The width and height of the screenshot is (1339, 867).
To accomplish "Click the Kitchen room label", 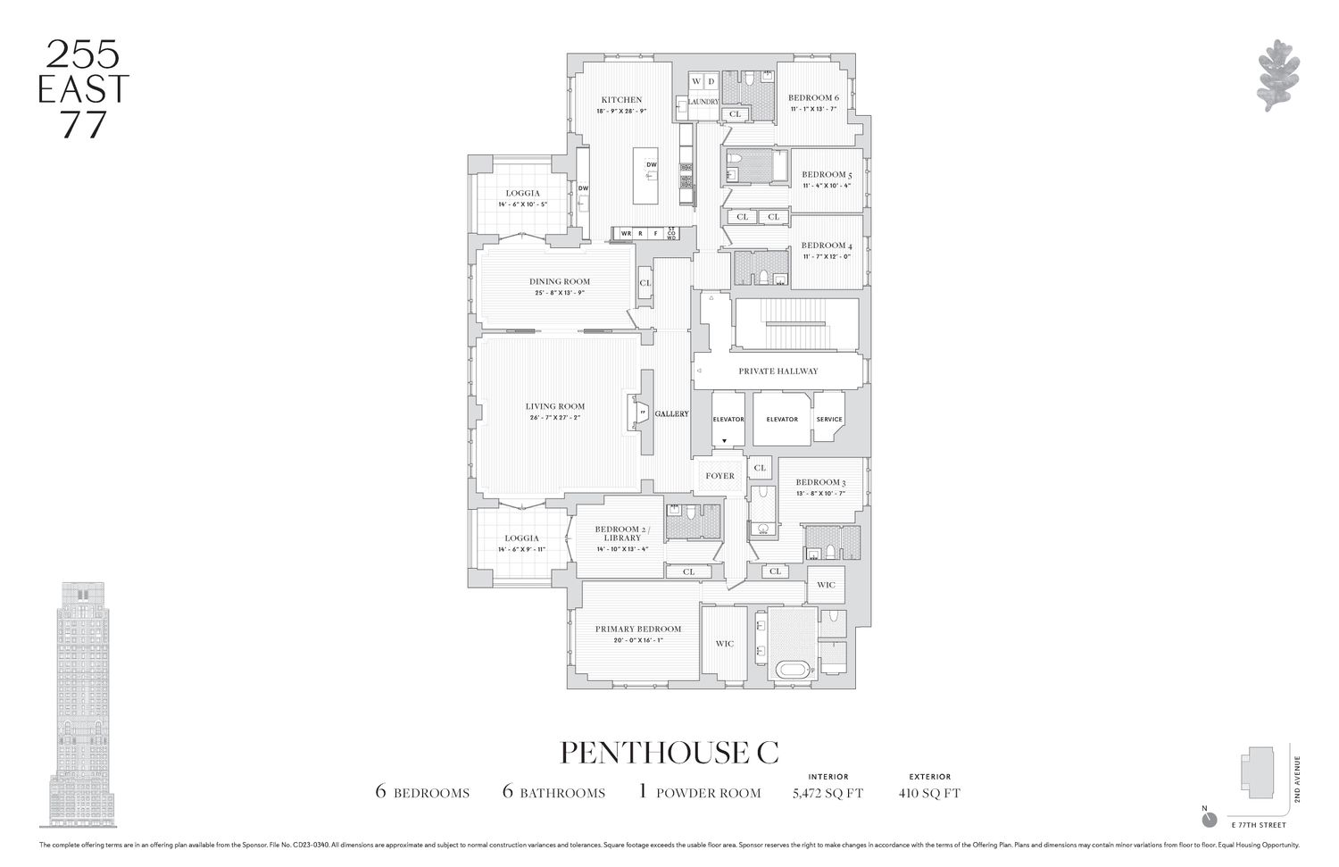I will point(620,100).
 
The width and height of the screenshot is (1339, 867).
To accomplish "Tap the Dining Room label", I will point(560,282).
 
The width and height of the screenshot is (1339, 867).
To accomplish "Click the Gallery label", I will point(671,414).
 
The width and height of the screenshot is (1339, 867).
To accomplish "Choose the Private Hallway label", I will point(778,371).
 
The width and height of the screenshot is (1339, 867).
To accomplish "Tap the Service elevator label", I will point(829,419).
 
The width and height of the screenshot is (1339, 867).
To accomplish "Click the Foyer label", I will point(719,476).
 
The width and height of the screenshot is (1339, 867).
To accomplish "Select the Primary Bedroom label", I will point(637,629).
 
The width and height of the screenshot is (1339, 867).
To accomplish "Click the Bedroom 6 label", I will point(813,98).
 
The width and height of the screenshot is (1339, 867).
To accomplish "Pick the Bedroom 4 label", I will point(822,246).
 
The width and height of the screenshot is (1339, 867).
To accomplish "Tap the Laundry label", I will point(703,103).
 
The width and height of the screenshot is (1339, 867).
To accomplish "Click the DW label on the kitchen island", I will point(652,165).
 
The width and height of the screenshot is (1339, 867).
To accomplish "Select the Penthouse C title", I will point(669,752).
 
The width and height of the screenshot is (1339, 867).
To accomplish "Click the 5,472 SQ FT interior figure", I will point(828,793).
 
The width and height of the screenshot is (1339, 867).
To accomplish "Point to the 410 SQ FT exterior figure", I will point(930,793).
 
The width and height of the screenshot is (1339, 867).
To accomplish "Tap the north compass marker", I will point(1209,818).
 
